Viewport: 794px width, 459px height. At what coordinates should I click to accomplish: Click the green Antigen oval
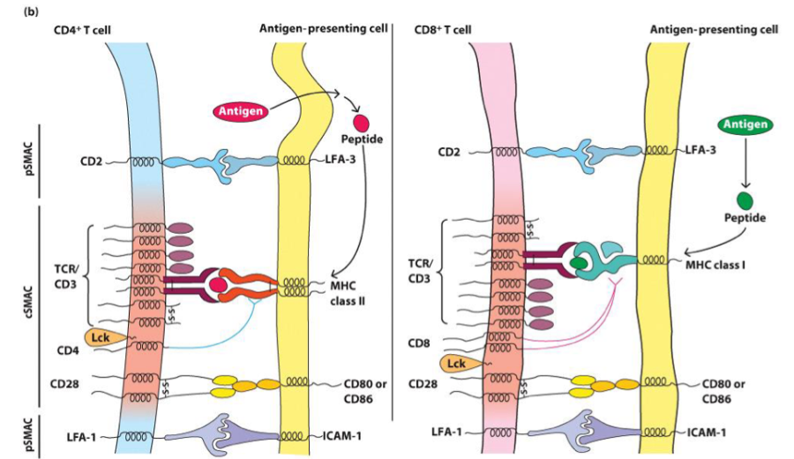744,126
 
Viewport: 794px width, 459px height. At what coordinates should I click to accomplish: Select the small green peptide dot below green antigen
745,200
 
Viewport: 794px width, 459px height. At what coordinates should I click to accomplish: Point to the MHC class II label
347,291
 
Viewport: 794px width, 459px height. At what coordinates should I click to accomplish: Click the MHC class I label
712,262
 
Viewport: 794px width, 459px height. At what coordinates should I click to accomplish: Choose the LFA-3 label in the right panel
703,151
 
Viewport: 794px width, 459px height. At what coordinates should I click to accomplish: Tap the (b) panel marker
13,8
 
